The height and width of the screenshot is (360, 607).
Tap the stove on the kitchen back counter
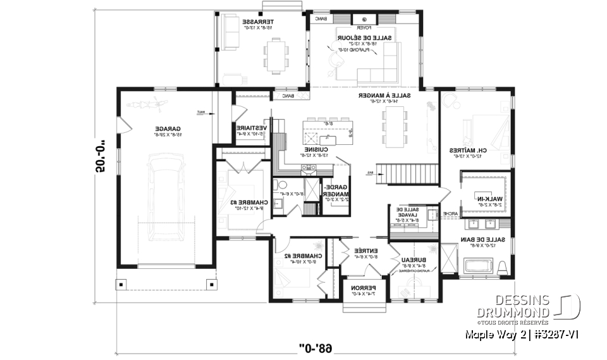pyautogui.click(x=308, y=168)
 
